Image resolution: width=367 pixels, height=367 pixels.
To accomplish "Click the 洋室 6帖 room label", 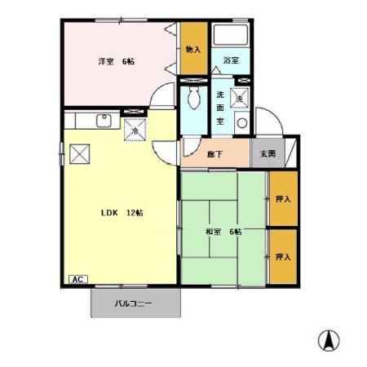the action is point(116,61).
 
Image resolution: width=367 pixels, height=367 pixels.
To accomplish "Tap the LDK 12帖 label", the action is point(122,213).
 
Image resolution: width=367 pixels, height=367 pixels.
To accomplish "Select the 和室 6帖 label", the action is point(223,232).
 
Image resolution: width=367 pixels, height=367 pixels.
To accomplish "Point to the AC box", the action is point(78,279).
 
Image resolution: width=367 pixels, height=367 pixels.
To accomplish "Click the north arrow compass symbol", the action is point(329,341).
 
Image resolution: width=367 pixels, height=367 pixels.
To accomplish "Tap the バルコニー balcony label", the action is point(133,303).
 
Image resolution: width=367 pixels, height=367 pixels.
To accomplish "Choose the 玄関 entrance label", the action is point(268,153).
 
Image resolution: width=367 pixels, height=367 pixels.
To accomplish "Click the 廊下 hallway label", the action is point(214,154).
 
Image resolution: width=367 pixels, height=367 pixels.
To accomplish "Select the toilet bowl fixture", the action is point(194,98).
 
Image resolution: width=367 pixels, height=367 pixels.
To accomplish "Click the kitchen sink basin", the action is point(104,121).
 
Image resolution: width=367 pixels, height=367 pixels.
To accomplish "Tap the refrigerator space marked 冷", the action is point(135,130).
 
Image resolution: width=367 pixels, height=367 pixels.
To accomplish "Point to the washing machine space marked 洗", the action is point(240,98).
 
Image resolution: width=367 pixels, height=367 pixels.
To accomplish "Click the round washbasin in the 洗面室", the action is point(242,123).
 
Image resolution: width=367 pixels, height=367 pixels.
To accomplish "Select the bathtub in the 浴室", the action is point(230,35).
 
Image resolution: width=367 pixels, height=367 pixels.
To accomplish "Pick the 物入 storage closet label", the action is point(193,50).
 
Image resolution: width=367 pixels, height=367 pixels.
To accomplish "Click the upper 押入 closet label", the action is point(283,199).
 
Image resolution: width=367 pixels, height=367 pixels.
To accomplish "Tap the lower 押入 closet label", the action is point(283,257).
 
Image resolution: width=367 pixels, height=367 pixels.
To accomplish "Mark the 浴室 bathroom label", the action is point(231,60).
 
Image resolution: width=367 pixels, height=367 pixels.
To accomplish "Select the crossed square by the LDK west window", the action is point(80,154).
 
